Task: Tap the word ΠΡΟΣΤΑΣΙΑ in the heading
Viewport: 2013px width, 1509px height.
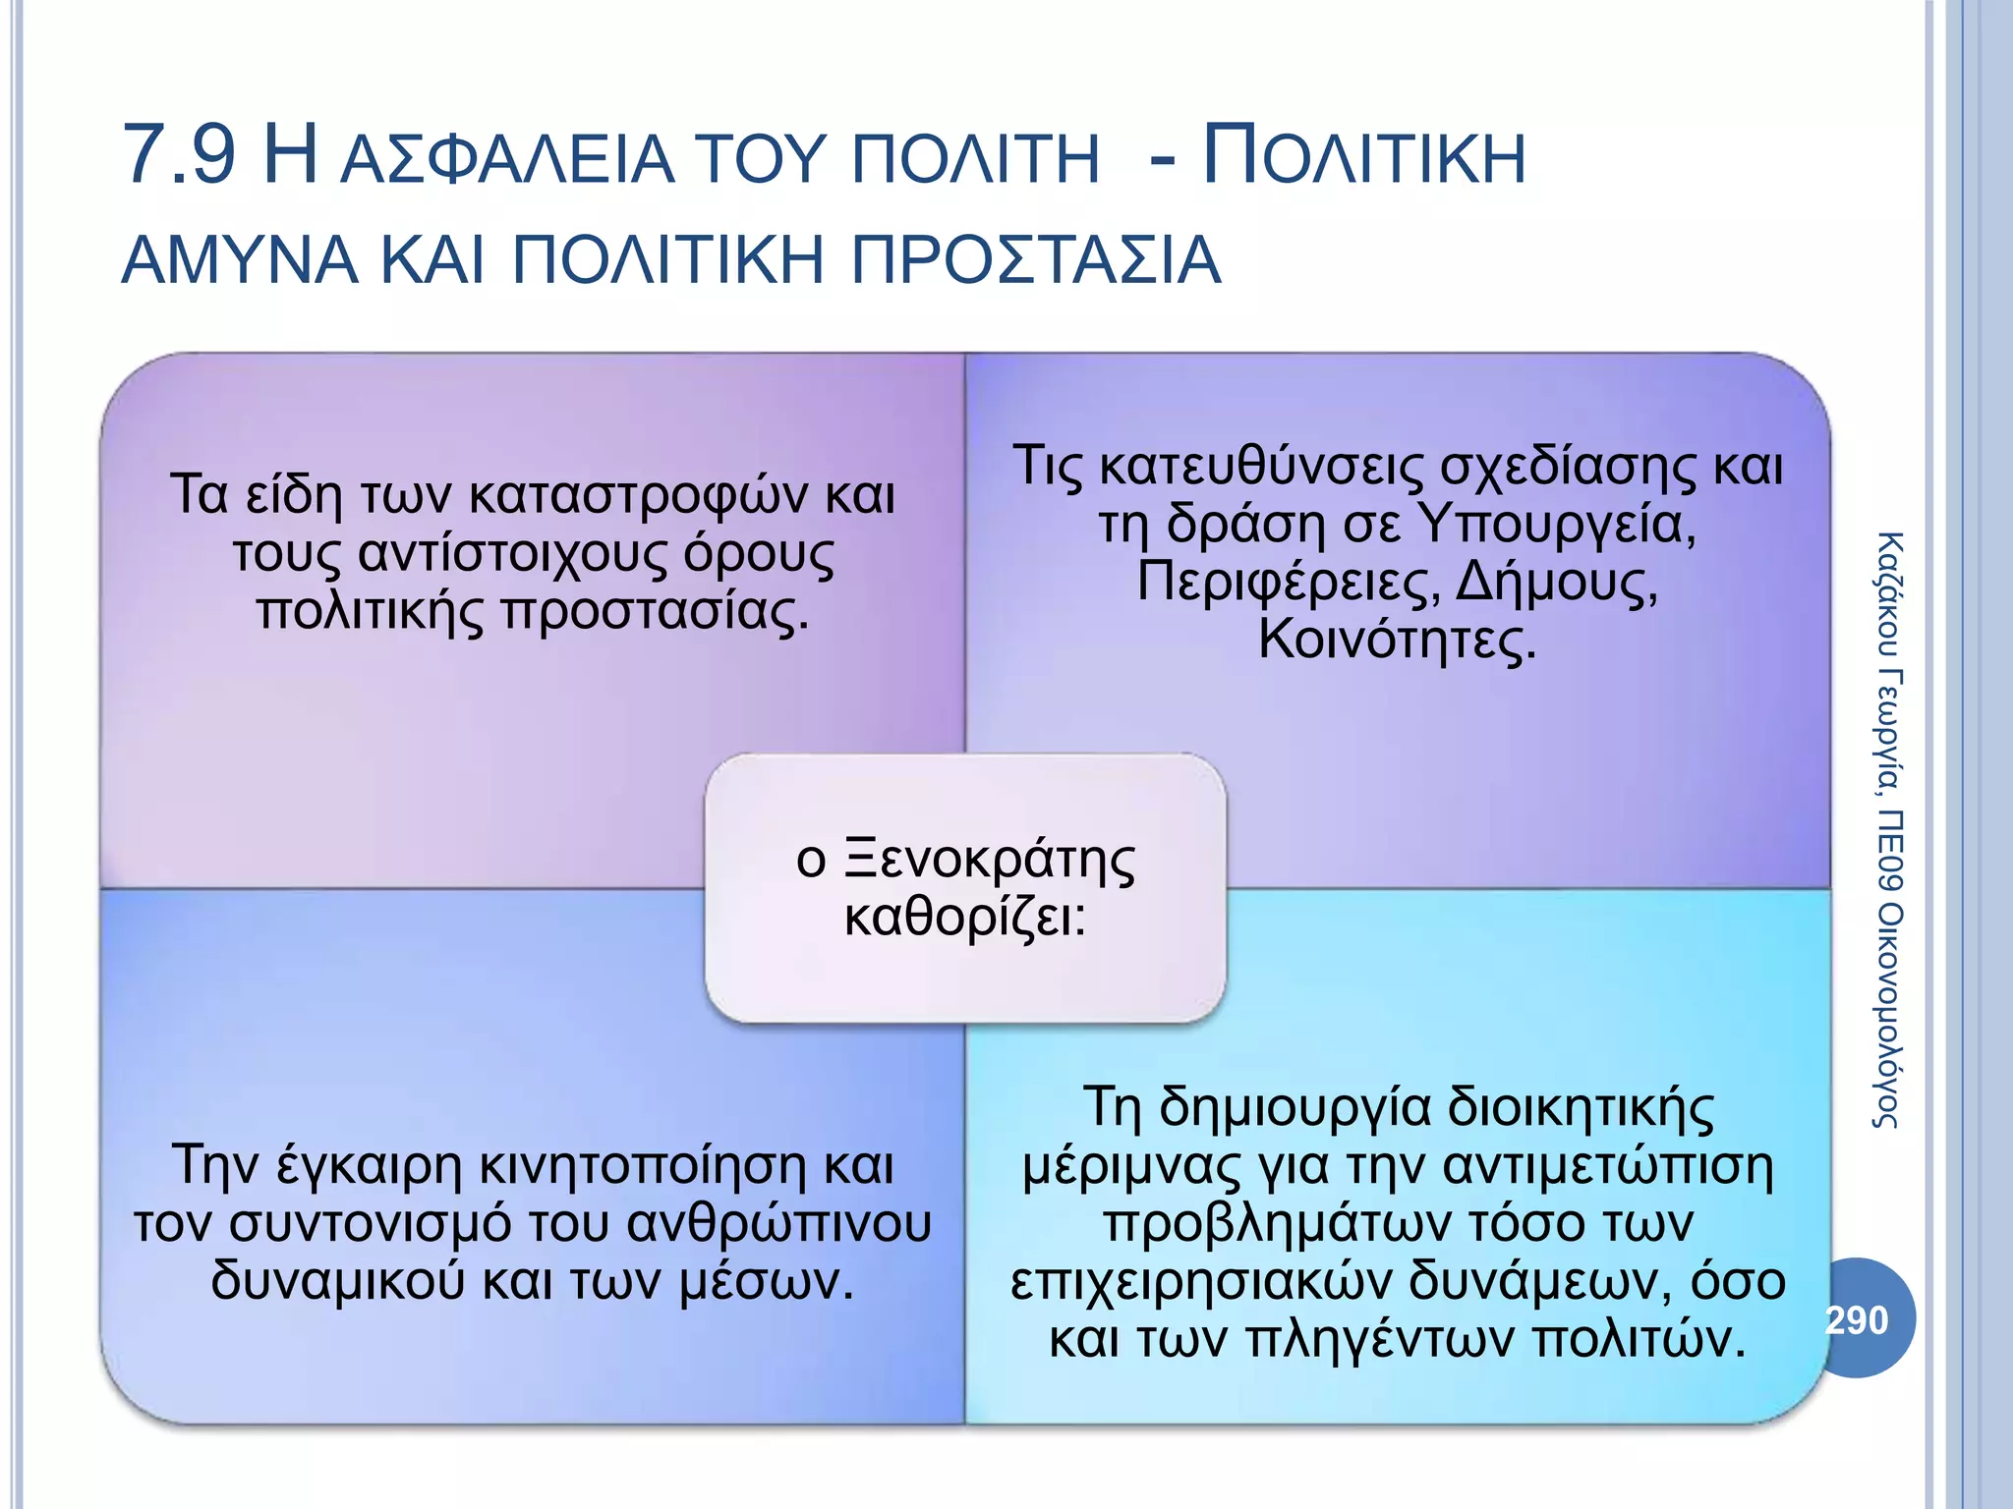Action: click(1035, 261)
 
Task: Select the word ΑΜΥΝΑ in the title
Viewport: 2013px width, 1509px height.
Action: click(239, 261)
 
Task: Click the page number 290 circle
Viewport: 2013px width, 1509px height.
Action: click(1857, 1319)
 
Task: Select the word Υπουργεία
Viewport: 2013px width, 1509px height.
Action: click(1559, 524)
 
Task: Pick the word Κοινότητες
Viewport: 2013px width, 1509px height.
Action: click(1397, 640)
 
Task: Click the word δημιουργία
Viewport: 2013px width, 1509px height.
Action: click(1294, 1107)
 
